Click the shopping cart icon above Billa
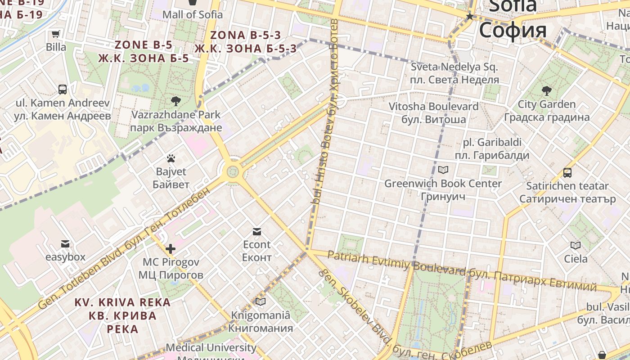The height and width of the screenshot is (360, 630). (x=56, y=34)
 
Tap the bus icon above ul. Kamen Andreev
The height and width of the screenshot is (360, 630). (x=63, y=90)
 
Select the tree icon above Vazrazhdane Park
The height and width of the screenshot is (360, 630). (x=176, y=101)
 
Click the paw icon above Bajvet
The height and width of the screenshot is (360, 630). (x=171, y=158)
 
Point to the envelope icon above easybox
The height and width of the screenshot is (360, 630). (x=65, y=244)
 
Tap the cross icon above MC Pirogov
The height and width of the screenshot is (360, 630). (x=171, y=248)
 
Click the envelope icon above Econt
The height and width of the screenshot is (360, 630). (x=256, y=232)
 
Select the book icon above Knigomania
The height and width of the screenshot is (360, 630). (x=260, y=301)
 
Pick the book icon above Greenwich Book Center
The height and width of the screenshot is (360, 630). (x=443, y=170)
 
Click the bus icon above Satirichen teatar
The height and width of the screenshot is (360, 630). (x=567, y=172)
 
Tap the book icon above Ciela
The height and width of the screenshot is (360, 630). (x=576, y=245)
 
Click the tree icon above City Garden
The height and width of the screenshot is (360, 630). (x=547, y=91)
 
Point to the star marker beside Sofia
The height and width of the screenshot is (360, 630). (x=470, y=17)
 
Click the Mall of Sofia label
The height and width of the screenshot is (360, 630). (x=192, y=14)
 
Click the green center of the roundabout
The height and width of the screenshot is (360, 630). (x=232, y=171)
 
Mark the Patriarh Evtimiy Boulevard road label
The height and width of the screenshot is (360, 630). (x=396, y=263)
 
